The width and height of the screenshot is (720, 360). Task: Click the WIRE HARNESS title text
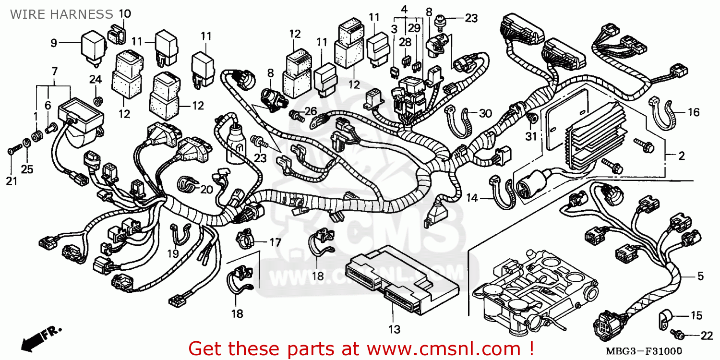click(x=61, y=14)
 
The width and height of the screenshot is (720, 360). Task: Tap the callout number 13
click(x=394, y=330)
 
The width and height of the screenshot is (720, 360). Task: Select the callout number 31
click(x=530, y=136)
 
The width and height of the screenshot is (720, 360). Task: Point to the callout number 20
click(x=206, y=190)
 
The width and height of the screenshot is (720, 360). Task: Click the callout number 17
click(x=275, y=243)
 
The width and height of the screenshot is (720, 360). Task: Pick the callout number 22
click(x=707, y=335)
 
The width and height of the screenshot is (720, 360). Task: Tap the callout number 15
click(x=696, y=316)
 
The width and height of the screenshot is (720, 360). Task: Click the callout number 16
click(x=694, y=113)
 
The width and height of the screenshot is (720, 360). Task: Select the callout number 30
click(x=486, y=113)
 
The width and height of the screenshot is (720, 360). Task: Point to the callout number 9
click(x=54, y=43)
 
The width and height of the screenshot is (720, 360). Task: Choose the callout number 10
click(x=124, y=13)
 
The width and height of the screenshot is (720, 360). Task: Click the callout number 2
click(x=681, y=156)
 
